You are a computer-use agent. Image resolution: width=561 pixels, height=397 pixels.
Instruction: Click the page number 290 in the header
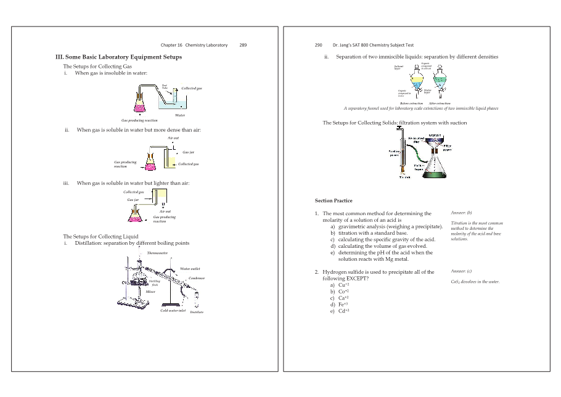[319, 45]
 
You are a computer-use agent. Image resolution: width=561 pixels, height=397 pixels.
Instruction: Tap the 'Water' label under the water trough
[180, 115]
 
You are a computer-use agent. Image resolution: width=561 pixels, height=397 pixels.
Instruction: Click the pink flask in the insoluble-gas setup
[140, 100]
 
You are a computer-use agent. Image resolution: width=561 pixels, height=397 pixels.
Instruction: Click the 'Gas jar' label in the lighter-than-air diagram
[133, 200]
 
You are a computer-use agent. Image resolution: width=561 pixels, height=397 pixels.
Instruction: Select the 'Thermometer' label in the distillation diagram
[157, 253]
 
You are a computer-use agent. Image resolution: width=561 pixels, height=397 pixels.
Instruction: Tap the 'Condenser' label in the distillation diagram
[196, 279]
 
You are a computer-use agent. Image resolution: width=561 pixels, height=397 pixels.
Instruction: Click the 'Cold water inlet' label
[173, 310]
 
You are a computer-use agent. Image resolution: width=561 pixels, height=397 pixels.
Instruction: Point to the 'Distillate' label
[197, 313]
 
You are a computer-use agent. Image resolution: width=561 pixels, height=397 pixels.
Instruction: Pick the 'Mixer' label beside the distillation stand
[150, 291]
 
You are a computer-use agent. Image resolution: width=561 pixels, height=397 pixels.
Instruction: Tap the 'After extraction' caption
[440, 103]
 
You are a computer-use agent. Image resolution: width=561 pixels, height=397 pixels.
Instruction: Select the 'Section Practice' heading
[334, 200]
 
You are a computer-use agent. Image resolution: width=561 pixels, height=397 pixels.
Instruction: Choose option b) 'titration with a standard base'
[372, 233]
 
